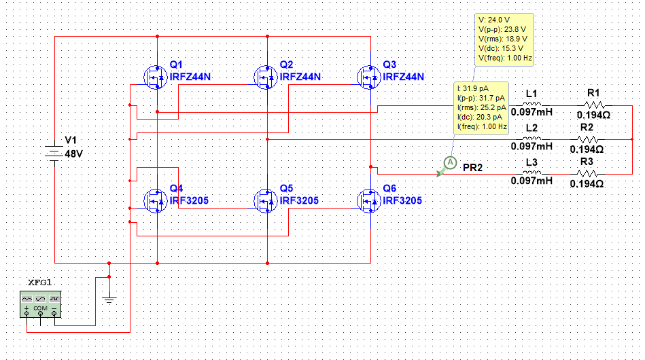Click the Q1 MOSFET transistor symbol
click(156, 77)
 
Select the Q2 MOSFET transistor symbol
click(266, 77)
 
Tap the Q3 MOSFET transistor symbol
click(369, 77)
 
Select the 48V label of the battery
click(73, 154)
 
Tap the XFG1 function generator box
click(40, 303)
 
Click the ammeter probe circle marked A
click(449, 162)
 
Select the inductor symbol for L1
click(531, 105)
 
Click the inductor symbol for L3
click(531, 173)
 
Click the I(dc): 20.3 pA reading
click(481, 117)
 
